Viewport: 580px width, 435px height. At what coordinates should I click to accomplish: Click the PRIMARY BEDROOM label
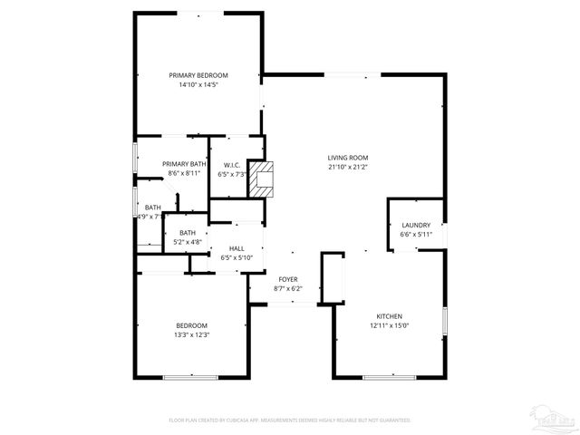click(198, 75)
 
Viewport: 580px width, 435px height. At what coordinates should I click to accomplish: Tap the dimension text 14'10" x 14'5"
click(198, 85)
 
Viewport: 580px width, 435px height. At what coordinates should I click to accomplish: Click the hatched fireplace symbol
click(262, 179)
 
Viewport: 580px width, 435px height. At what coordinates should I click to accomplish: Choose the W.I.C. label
click(231, 164)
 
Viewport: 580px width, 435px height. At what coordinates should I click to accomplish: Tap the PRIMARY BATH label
click(184, 163)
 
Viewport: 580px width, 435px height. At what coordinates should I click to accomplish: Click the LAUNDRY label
click(416, 225)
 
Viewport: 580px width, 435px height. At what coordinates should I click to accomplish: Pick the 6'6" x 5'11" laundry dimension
click(416, 235)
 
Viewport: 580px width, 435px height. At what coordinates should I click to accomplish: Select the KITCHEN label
click(391, 315)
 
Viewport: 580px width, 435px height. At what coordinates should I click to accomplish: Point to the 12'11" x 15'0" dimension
click(391, 325)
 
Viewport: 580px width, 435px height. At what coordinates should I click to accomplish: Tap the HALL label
click(237, 248)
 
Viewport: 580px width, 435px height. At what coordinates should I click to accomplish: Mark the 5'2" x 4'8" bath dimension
click(188, 242)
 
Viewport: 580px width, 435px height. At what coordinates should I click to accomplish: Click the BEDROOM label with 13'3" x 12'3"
click(191, 325)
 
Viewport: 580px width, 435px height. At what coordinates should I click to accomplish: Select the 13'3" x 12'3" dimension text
click(191, 335)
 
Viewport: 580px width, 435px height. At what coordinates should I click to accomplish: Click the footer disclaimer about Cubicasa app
click(289, 420)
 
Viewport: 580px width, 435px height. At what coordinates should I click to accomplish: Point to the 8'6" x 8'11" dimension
click(184, 173)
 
